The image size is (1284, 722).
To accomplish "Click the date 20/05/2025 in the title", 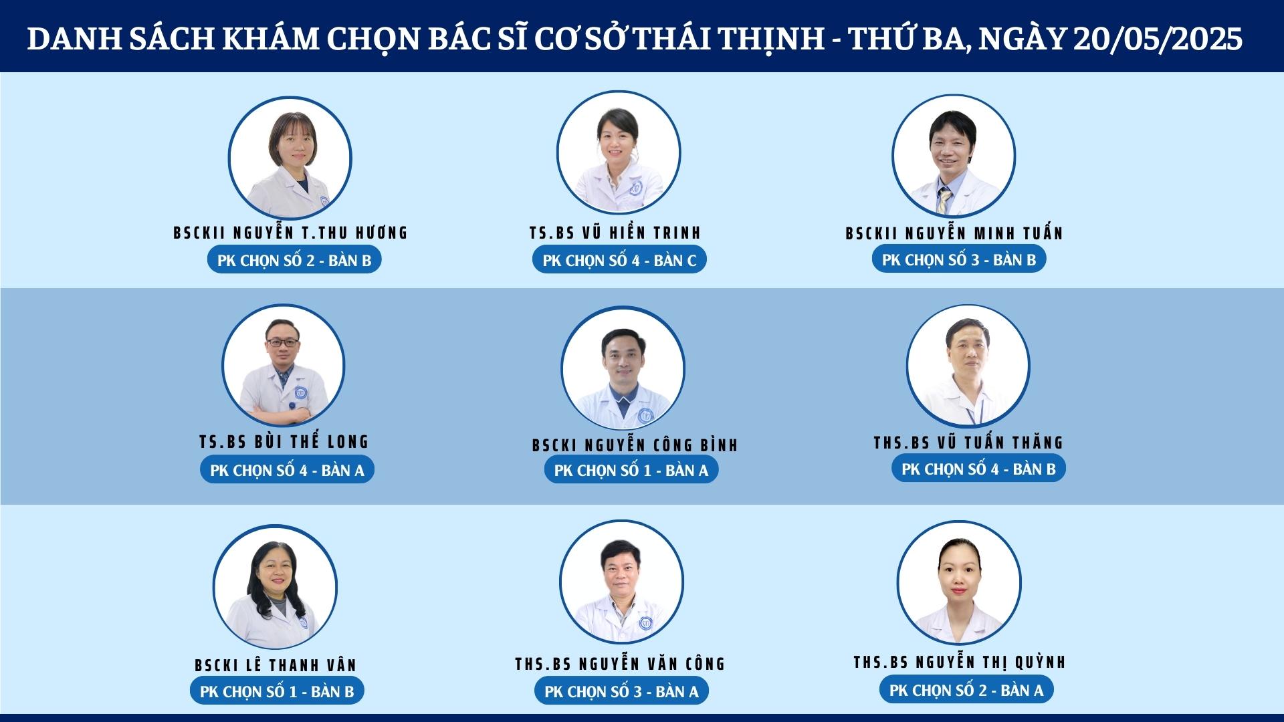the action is tap(1158, 39).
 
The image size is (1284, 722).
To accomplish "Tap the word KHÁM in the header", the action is tap(270, 39).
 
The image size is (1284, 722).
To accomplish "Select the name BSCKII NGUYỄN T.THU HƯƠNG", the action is tap(290, 233).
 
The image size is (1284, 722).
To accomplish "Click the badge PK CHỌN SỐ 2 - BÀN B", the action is tap(294, 259).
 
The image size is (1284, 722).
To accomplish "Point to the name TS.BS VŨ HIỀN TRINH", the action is tap(615, 233).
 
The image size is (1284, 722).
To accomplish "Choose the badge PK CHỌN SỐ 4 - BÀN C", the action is tap(619, 259).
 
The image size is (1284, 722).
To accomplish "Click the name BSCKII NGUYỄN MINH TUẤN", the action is tap(954, 233).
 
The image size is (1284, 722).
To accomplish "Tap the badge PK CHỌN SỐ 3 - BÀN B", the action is tap(959, 259).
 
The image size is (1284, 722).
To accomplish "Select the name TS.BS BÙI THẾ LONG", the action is tap(284, 441).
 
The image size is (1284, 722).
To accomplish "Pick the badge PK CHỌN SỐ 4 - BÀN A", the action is tap(287, 469).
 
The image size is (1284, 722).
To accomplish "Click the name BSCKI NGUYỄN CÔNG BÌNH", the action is tap(635, 445).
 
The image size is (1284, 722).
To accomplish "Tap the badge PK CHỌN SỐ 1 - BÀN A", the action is tap(631, 469).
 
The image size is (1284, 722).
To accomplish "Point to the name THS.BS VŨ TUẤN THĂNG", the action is tap(968, 442).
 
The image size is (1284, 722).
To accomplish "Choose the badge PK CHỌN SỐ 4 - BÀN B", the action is tap(978, 468).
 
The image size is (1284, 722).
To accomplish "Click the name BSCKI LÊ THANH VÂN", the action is tap(276, 665).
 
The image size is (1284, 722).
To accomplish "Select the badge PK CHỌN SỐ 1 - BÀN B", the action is tap(277, 691).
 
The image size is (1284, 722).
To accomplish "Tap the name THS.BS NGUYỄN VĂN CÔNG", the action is tap(620, 663).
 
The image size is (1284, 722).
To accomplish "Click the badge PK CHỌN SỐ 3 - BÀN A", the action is tap(621, 691).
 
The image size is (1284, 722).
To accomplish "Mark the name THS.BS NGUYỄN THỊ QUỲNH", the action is tap(960, 662).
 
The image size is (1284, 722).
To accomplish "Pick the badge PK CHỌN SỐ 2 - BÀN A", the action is tap(966, 689).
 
